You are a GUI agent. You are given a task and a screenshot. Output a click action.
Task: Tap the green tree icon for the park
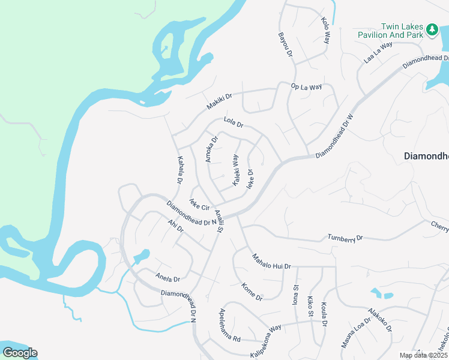431,29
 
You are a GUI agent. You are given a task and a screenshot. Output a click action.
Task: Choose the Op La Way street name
307,87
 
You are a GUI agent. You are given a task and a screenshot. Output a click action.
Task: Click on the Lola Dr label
233,122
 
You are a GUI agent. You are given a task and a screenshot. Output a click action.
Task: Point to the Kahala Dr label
179,170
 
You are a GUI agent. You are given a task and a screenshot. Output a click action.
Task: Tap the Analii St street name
220,221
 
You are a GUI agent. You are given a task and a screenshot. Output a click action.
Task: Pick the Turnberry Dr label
345,238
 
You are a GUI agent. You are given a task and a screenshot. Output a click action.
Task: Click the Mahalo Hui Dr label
271,261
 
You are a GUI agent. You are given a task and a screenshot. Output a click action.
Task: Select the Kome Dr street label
252,292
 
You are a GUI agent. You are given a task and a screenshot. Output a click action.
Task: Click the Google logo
20,352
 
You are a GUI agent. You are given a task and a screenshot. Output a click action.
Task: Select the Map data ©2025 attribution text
423,355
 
